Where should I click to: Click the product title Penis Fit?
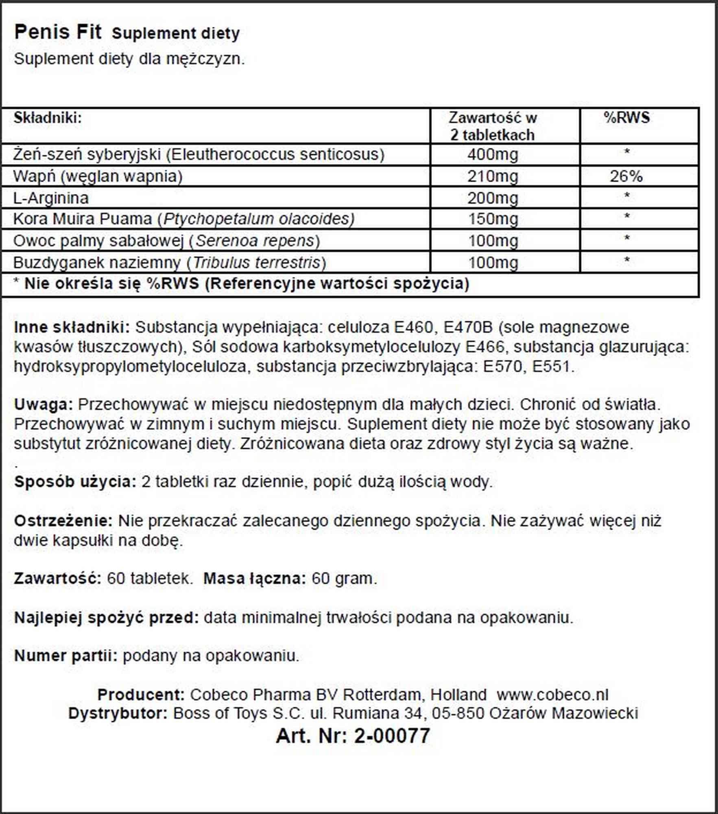tap(57, 32)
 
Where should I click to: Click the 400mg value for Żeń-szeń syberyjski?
tap(493, 155)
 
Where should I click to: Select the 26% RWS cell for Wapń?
tap(626, 176)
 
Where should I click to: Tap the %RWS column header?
tap(626, 118)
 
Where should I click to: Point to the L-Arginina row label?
tap(51, 198)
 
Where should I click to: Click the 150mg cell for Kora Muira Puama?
tap(493, 219)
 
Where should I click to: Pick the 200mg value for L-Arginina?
tap(493, 198)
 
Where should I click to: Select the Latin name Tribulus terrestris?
tap(256, 263)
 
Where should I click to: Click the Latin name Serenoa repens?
tap(255, 241)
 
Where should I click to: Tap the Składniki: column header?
tap(48, 118)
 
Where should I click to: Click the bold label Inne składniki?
tap(72, 327)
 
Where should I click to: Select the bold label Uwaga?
tap(43, 405)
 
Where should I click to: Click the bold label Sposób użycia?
tap(75, 482)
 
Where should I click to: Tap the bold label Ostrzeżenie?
tap(63, 521)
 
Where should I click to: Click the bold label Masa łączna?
tap(254, 578)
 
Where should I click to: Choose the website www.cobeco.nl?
tap(552, 695)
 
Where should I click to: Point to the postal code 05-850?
tap(458, 713)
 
